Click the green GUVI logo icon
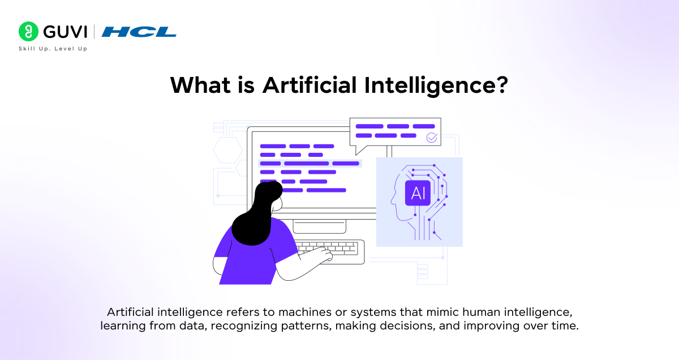28,31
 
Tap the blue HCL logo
139,32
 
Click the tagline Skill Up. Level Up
53,49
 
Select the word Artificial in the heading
309,85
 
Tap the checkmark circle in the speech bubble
432,137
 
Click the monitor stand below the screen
319,226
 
